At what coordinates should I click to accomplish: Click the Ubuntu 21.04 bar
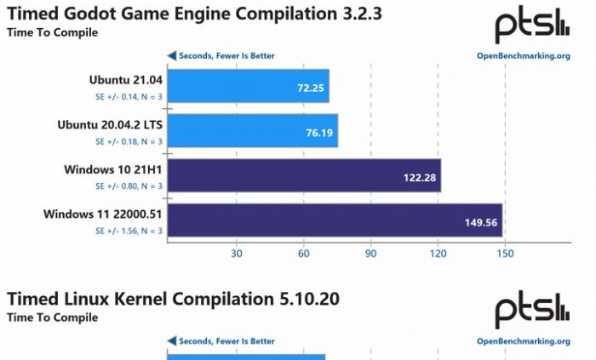pyautogui.click(x=248, y=87)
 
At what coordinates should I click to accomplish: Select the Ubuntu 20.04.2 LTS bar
pyautogui.click(x=252, y=131)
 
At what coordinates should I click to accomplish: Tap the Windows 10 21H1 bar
pyautogui.click(x=304, y=176)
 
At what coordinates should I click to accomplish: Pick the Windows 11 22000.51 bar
pyautogui.click(x=335, y=220)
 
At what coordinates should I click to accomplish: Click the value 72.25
pyautogui.click(x=311, y=88)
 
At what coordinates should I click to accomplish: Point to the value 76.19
pyautogui.click(x=319, y=132)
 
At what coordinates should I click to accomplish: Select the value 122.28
pyautogui.click(x=420, y=177)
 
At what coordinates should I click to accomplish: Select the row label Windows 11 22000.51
pyautogui.click(x=103, y=214)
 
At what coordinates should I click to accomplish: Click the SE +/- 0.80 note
pyautogui.click(x=129, y=186)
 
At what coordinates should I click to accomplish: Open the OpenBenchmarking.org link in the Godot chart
pyautogui.click(x=523, y=56)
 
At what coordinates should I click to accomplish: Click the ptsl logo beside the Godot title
pyautogui.click(x=532, y=26)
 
